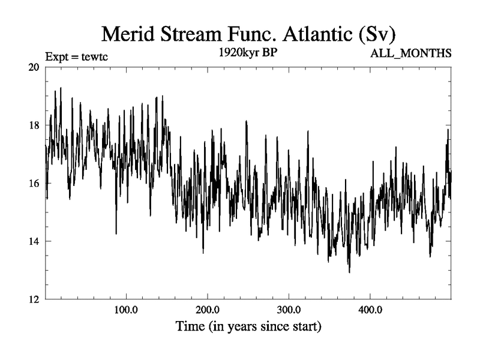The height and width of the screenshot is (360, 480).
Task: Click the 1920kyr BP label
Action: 248,53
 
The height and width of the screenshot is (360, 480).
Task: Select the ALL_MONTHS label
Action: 412,53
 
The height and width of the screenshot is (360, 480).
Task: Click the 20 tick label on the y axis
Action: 34,67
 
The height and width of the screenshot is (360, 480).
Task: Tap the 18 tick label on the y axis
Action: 34,125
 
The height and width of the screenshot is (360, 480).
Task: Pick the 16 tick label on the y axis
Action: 34,184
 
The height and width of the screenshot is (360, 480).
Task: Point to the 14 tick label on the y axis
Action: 34,241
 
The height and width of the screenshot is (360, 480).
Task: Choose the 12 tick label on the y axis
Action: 34,299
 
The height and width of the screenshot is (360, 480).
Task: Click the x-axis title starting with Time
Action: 248,328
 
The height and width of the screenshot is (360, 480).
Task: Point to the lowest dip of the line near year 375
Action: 349,272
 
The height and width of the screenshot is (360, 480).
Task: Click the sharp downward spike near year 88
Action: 116,233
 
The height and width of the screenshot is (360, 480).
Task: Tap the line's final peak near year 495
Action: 447,130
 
